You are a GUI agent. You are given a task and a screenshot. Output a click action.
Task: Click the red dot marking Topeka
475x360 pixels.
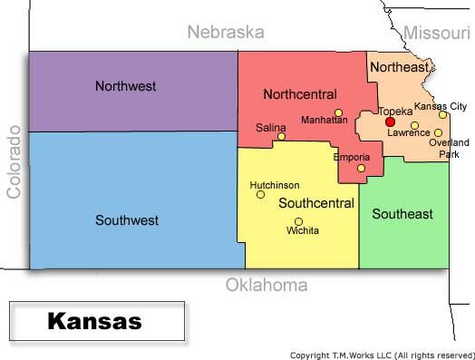(390, 122)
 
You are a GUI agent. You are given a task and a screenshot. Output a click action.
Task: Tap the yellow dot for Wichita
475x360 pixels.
(298, 221)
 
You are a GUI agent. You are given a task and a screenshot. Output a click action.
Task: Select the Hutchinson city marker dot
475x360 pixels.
(260, 194)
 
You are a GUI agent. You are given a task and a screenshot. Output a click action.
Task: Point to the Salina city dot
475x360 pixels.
(281, 137)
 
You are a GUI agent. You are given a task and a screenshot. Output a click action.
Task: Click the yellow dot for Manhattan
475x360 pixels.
(338, 113)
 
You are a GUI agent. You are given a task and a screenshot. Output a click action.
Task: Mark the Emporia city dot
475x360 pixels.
(361, 168)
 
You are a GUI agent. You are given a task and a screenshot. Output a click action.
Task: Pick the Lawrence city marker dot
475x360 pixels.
(414, 125)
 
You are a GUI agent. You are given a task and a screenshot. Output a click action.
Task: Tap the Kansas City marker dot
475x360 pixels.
(443, 114)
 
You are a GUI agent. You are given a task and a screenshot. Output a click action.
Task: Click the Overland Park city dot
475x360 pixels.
(438, 132)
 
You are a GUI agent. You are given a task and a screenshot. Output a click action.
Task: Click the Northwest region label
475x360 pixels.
(125, 86)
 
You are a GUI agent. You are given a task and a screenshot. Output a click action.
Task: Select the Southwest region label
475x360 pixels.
(126, 219)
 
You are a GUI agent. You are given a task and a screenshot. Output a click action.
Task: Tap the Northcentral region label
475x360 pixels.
(299, 93)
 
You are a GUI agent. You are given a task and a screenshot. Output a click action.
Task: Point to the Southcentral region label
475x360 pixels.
(315, 203)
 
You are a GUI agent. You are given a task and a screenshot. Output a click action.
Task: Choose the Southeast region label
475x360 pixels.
(402, 214)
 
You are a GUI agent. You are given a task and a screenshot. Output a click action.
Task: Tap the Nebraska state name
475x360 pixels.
(225, 33)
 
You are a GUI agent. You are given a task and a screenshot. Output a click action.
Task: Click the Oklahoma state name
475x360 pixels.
(266, 286)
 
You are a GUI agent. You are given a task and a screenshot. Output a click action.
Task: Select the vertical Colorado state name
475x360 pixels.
(14, 161)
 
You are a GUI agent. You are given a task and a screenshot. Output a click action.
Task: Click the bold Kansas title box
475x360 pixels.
(94, 321)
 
